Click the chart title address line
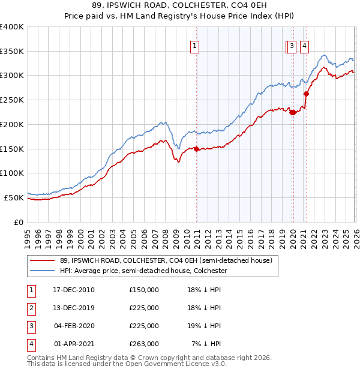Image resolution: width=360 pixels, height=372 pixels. (179, 6)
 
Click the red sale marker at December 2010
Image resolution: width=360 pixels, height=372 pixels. (196, 149)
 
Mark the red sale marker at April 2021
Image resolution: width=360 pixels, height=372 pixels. (306, 94)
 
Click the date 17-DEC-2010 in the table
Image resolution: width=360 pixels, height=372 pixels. (74, 290)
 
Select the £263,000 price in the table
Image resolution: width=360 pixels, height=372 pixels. (144, 344)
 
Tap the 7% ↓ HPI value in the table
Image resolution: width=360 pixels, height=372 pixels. (207, 344)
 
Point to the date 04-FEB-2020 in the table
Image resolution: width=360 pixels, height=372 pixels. (74, 326)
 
